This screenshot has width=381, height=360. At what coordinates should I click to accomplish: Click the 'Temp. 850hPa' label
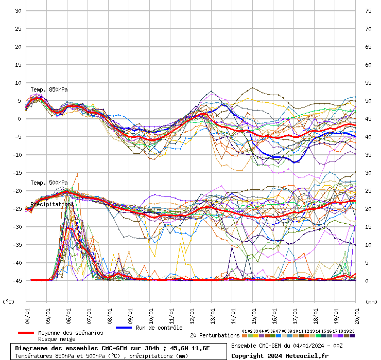click(49, 89)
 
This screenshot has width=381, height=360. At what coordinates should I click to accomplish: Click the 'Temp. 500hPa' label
click(49, 183)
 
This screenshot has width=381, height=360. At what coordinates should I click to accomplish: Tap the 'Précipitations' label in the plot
click(51, 204)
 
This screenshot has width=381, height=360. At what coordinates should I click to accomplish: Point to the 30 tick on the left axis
click(18, 11)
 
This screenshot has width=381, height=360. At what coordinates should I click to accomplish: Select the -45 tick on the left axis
click(16, 281)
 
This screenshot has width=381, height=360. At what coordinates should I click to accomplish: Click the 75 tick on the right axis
click(368, 11)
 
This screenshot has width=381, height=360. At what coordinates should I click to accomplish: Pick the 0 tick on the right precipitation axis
click(367, 281)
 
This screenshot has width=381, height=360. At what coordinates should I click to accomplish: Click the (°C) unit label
click(9, 302)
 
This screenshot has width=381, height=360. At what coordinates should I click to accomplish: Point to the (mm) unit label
click(371, 302)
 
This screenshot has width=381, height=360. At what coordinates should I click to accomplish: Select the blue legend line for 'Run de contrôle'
click(124, 328)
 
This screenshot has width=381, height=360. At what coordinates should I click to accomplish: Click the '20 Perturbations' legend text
click(215, 335)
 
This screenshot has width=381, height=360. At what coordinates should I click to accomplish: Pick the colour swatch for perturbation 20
click(352, 336)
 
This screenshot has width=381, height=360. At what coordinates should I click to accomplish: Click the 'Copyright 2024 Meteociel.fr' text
click(280, 355)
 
